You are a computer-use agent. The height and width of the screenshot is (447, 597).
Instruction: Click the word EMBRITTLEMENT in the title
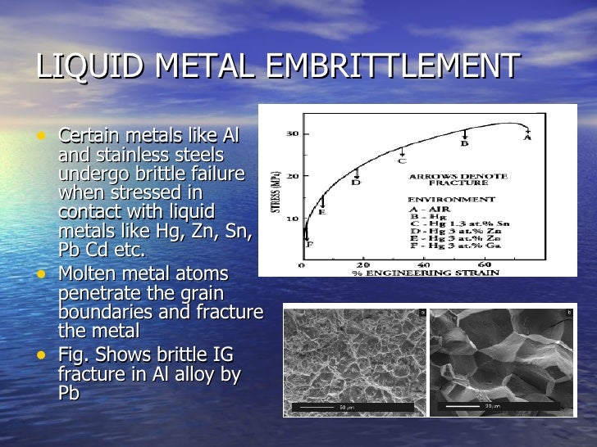[x=393, y=67]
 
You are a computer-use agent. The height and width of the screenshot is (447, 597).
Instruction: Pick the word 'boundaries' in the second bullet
[x=101, y=313]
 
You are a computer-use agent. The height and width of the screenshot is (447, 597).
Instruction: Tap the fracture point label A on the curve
[x=527, y=138]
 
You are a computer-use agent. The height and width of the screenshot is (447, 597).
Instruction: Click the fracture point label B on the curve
[x=463, y=144]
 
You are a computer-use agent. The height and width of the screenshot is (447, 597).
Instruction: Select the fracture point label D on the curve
[x=357, y=183]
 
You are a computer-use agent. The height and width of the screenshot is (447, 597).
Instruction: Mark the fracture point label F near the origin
[x=309, y=243]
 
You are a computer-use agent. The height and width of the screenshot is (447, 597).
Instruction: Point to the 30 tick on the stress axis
[x=291, y=134]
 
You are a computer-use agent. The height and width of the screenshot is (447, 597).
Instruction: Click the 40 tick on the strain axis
[x=424, y=264]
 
